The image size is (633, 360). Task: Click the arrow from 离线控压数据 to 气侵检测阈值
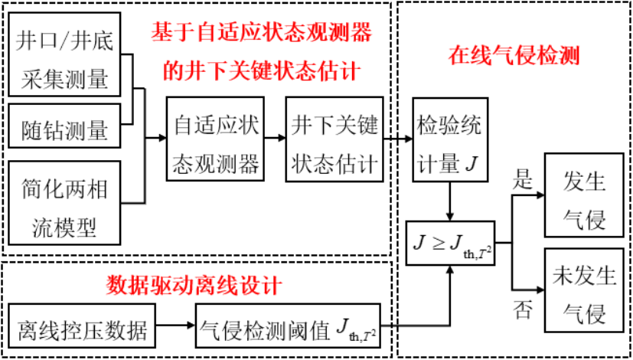click(178, 327)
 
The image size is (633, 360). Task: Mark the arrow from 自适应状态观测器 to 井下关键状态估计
click(275, 139)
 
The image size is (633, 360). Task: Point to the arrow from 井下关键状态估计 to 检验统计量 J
click(396, 139)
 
